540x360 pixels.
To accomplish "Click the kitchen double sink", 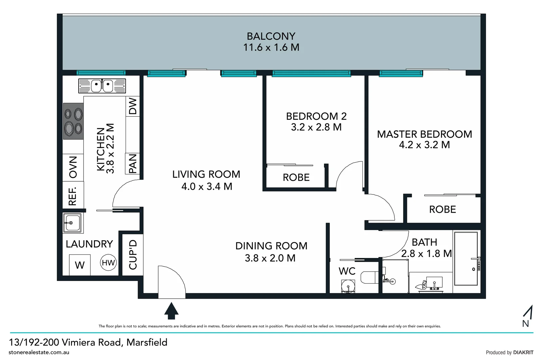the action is click(x=102, y=86).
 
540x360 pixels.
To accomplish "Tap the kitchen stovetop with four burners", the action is click(x=73, y=121).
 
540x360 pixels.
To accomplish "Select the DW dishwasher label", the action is click(x=133, y=106).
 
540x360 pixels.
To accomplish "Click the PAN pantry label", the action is click(x=133, y=164).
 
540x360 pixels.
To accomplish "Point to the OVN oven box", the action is click(x=73, y=167).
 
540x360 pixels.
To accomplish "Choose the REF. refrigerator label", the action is click(x=73, y=196).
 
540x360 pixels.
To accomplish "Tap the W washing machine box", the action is click(x=80, y=265).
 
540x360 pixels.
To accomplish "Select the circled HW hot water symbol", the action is click(x=108, y=263).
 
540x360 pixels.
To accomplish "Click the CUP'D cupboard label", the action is click(x=133, y=255).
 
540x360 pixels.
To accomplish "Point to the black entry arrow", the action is click(x=172, y=311).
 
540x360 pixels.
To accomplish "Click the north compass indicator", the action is click(x=527, y=316).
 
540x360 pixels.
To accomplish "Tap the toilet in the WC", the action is click(x=370, y=277).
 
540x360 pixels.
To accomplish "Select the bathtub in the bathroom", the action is click(x=466, y=259).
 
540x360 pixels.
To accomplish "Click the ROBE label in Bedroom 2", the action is click(x=296, y=178).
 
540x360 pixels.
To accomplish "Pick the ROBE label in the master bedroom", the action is click(x=443, y=209).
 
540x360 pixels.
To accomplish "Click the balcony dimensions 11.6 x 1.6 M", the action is click(x=271, y=47).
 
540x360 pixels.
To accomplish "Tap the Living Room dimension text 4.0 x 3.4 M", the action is click(x=207, y=186).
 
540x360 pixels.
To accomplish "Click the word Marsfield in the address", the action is click(x=147, y=342).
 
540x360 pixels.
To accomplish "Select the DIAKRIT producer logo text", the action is click(x=523, y=353).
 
